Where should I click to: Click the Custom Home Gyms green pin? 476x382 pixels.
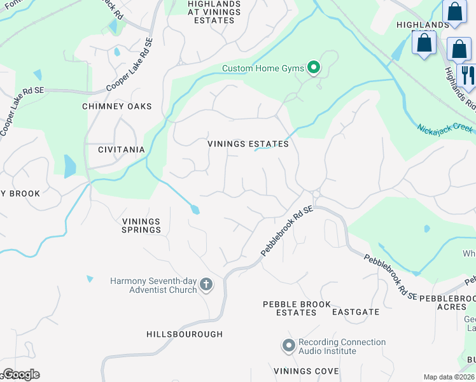tap(313, 67)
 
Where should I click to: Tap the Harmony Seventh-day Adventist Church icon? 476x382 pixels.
tap(206, 285)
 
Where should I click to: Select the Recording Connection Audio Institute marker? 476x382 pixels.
tap(288, 346)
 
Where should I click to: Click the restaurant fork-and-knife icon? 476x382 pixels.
tap(468, 74)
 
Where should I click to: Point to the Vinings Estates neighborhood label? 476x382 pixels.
tap(248, 144)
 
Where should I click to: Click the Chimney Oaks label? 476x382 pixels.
tap(117, 106)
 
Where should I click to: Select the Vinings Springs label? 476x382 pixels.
tap(141, 225)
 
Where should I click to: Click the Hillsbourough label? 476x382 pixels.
tap(185, 334)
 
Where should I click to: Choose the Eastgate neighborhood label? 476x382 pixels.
tap(356, 312)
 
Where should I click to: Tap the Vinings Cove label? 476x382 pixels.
tap(302, 371)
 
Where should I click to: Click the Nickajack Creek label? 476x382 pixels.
tap(445, 128)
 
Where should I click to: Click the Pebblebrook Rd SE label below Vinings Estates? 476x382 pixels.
tap(287, 231)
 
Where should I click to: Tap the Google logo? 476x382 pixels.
tap(20, 374)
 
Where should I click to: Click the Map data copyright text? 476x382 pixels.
tap(449, 377)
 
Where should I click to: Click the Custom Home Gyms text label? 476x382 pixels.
tap(263, 68)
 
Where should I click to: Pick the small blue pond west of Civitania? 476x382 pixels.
tap(69, 166)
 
